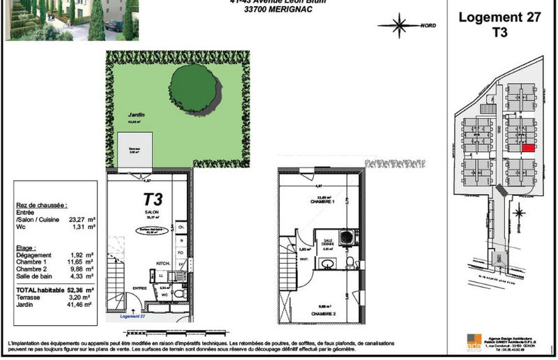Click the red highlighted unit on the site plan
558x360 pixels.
(529, 148)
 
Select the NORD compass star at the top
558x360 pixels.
(400, 27)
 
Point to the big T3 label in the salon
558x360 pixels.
(153, 200)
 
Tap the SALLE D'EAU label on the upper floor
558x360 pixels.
(329, 242)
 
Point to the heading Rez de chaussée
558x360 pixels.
(41, 206)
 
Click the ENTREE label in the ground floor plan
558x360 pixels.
(140, 288)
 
